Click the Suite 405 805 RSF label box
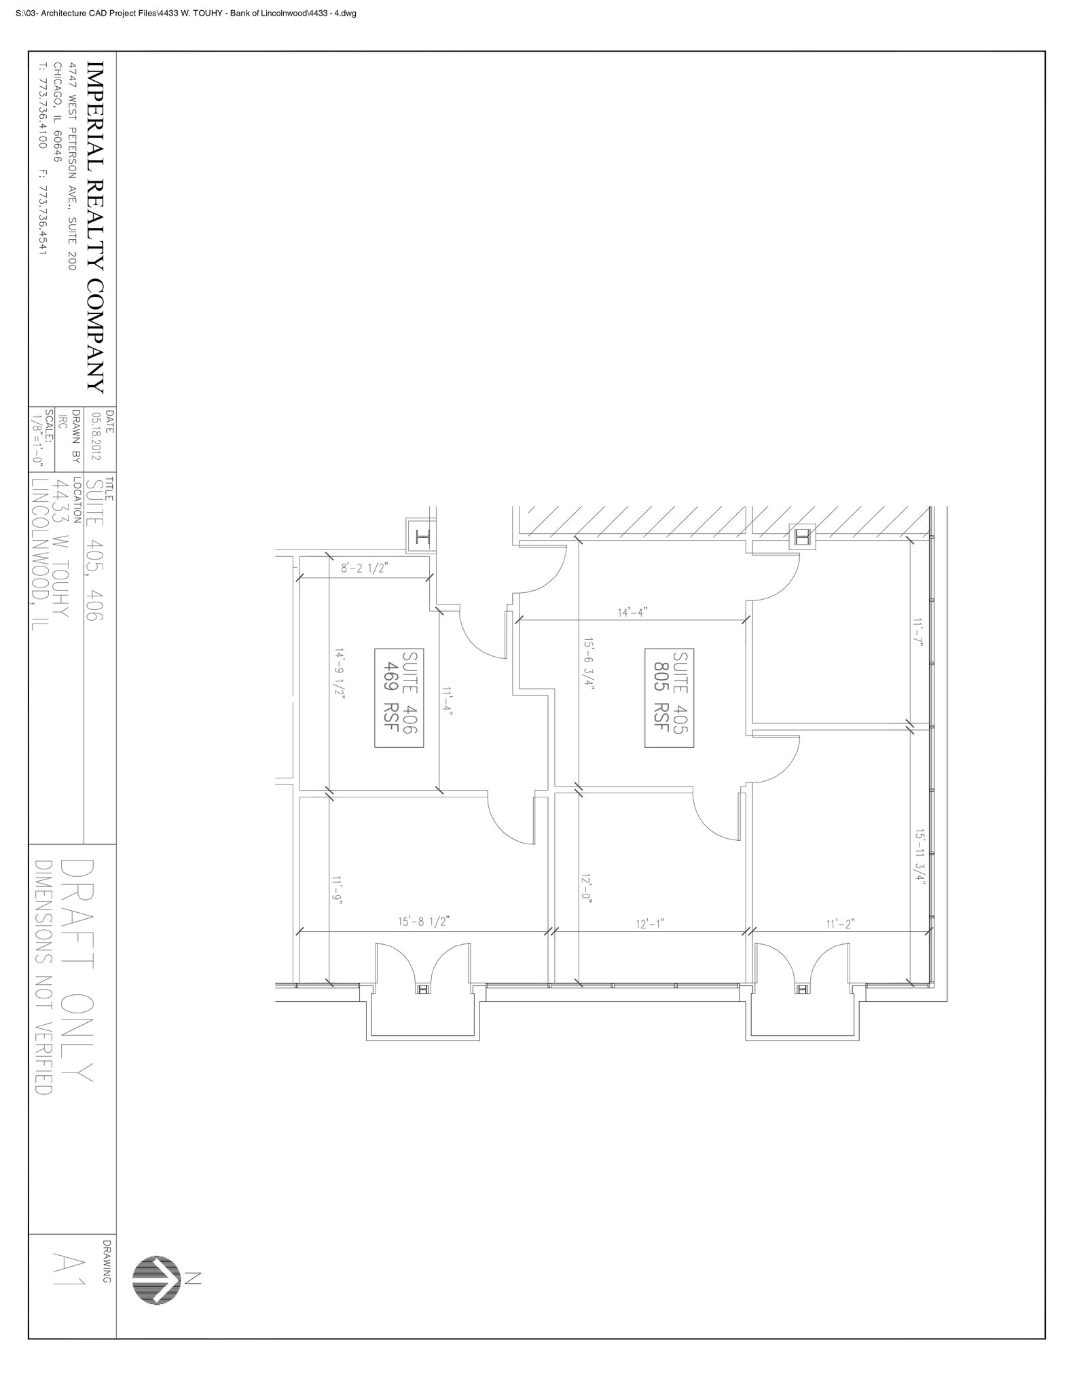(x=669, y=698)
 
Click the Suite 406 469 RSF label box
(x=399, y=698)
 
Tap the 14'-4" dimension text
(x=632, y=613)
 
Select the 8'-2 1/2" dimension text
(x=364, y=568)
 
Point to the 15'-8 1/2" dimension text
(x=424, y=922)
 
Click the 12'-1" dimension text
(x=650, y=924)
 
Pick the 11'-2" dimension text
(x=840, y=924)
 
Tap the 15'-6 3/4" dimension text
(x=589, y=664)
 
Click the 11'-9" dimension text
(x=338, y=890)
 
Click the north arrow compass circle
(x=156, y=1280)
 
